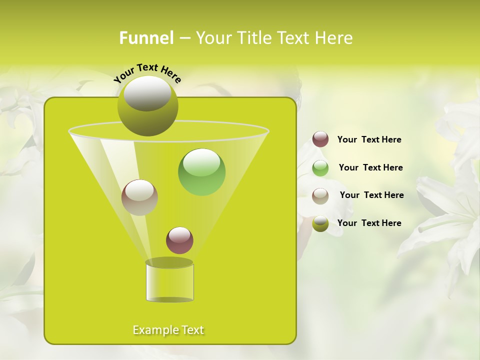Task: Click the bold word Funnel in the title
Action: (146, 38)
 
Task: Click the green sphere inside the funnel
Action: (201, 172)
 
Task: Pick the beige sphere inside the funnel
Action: (139, 197)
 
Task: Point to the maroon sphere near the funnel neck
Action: (179, 240)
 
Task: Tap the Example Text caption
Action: (168, 330)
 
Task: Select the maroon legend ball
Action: (320, 139)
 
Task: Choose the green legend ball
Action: (320, 168)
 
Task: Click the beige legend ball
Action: (320, 196)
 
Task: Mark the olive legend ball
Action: (320, 223)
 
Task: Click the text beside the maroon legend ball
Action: (369, 140)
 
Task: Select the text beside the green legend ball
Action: (370, 168)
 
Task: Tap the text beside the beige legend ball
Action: (371, 195)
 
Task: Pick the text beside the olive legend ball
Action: (369, 223)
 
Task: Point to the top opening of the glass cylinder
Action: (169, 262)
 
